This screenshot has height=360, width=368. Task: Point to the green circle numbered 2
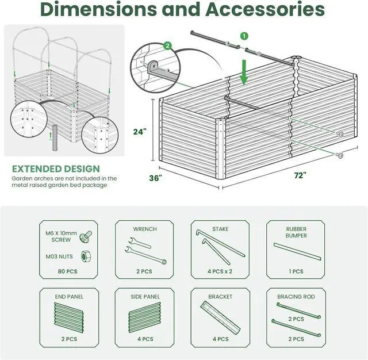(168, 45)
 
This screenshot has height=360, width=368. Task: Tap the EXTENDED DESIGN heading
(56, 169)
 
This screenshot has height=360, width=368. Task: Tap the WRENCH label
(144, 229)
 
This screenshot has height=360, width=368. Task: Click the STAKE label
(220, 229)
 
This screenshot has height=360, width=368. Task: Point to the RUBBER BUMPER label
(296, 232)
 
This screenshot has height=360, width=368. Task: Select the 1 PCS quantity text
(296, 271)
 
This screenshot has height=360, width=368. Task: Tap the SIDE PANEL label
(144, 297)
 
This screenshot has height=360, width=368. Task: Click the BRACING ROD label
(296, 297)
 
